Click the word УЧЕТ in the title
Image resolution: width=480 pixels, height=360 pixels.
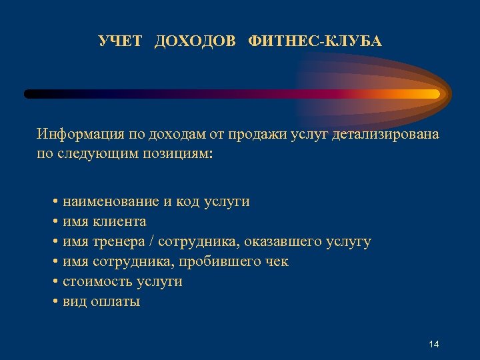(120, 42)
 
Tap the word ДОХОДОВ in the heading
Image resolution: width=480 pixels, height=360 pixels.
(195, 42)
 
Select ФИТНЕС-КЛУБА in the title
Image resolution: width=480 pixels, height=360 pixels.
(315, 42)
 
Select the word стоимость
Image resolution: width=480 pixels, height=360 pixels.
(97, 281)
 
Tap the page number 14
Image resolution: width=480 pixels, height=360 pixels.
(434, 344)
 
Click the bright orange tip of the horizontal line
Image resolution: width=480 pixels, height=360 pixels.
(433, 94)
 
